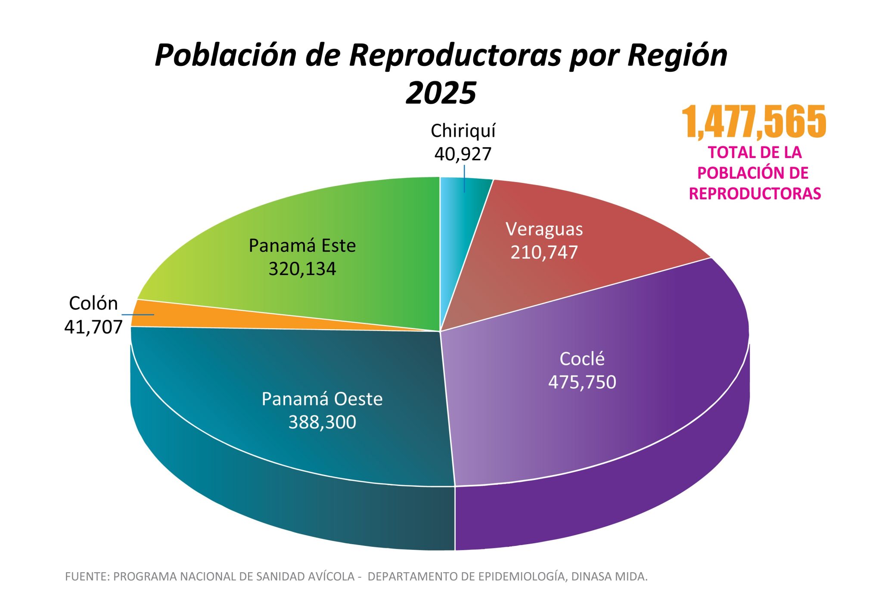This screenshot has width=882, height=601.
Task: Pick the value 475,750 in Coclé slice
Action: click(582, 382)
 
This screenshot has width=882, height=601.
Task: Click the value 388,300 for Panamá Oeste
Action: click(322, 422)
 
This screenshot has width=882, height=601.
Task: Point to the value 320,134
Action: click(302, 269)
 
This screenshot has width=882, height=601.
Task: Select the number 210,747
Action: click(544, 252)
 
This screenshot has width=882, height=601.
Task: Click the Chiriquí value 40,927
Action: click(463, 154)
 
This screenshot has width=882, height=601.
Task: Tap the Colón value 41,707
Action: click(93, 327)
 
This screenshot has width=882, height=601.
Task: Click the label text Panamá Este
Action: click(302, 246)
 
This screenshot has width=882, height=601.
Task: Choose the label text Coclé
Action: click(582, 359)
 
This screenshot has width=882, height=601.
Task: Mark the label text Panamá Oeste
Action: click(322, 399)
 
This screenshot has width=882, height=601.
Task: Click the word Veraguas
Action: click(544, 229)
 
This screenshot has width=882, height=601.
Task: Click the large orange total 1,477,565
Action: click(754, 122)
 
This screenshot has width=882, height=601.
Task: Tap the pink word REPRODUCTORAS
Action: click(755, 194)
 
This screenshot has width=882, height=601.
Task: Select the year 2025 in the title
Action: click(441, 93)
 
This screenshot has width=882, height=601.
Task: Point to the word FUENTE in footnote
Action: click(86, 576)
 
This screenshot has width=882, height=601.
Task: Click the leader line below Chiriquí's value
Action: click(464, 179)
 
